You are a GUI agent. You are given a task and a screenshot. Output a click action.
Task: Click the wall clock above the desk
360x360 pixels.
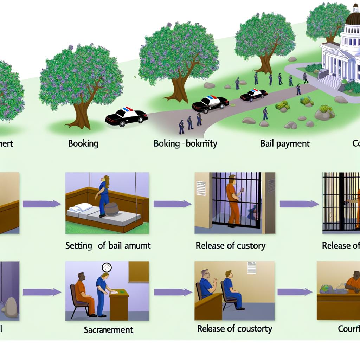click(x=107, y=267)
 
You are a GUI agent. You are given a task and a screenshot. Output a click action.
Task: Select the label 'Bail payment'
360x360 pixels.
click(x=285, y=143)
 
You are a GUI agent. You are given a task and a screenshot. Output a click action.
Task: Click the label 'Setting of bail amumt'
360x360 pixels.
click(x=108, y=245)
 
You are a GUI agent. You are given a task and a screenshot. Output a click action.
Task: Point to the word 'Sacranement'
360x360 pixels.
click(x=108, y=329)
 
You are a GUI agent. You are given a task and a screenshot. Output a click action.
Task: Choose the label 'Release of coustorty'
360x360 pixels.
click(x=234, y=329)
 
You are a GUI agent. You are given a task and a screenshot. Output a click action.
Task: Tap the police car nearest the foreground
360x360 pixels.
click(x=126, y=117)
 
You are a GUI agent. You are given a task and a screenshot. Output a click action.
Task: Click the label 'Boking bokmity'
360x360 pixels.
click(x=185, y=143)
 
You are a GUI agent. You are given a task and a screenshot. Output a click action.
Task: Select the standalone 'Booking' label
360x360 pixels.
click(x=83, y=143)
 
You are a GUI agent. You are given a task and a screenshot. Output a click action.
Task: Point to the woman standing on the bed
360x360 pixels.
click(x=104, y=195)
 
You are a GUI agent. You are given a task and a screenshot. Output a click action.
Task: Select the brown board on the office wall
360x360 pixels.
click(x=138, y=271)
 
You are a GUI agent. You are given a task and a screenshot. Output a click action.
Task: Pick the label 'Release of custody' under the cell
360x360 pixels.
click(x=230, y=245)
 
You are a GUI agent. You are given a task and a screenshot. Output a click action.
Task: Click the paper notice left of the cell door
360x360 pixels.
click(x=201, y=188)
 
